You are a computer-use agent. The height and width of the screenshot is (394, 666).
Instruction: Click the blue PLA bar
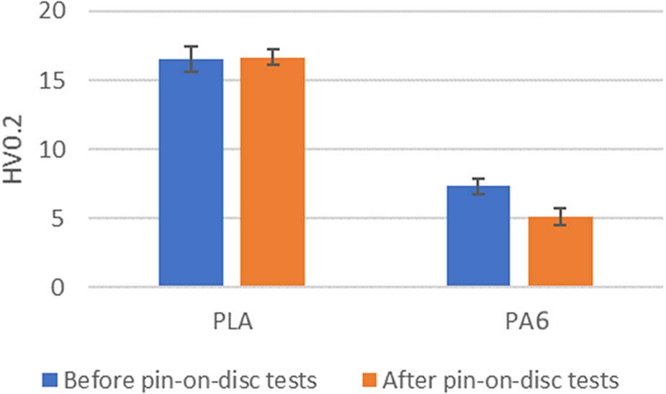coord(191,173)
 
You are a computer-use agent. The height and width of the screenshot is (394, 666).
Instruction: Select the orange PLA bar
coord(272,173)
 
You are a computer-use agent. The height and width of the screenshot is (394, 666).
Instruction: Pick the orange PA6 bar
coord(560,251)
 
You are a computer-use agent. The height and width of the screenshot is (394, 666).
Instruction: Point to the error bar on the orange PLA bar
coord(272,57)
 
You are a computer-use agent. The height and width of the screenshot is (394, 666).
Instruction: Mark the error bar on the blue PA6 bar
coord(478,186)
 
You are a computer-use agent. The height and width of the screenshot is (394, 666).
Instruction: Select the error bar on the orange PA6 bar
coord(560,216)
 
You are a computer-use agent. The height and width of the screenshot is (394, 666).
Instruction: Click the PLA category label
coord(231,321)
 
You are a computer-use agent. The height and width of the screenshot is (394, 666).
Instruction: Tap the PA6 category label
coord(519,321)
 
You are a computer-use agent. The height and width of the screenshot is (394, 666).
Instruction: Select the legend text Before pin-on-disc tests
coord(190,378)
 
